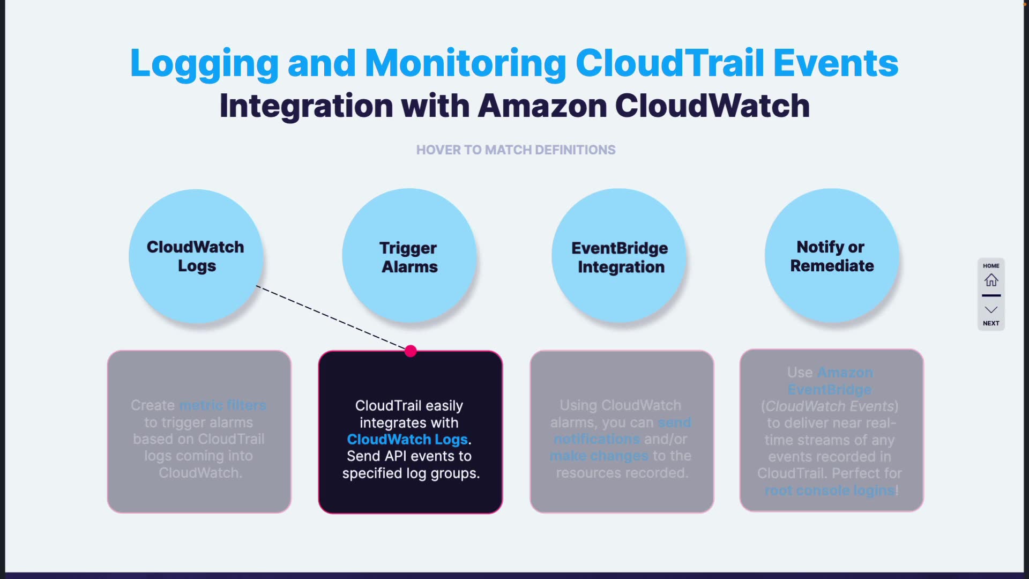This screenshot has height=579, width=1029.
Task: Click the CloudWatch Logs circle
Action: pyautogui.click(x=196, y=256)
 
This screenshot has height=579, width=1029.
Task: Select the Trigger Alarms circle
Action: pyautogui.click(x=409, y=256)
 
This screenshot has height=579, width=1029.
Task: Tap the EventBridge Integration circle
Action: pyautogui.click(x=619, y=256)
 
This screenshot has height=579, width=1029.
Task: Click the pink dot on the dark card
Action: pyautogui.click(x=411, y=351)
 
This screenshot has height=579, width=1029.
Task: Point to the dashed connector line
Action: pyautogui.click(x=332, y=318)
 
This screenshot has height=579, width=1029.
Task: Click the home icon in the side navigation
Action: pyautogui.click(x=991, y=280)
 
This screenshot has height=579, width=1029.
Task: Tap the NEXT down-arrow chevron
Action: pyautogui.click(x=991, y=310)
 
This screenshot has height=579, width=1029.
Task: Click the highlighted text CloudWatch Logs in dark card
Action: pyautogui.click(x=407, y=440)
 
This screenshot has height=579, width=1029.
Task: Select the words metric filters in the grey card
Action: pyautogui.click(x=222, y=405)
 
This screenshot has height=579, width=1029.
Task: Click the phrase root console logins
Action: pyautogui.click(x=830, y=490)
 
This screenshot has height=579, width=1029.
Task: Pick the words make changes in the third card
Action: pyautogui.click(x=599, y=456)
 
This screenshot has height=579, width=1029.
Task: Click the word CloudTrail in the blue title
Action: pyautogui.click(x=669, y=63)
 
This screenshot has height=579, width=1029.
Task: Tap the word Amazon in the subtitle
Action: pyautogui.click(x=542, y=106)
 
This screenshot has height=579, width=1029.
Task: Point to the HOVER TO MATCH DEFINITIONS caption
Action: pyautogui.click(x=516, y=150)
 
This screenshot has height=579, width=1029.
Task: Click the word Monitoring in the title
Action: pyautogui.click(x=465, y=63)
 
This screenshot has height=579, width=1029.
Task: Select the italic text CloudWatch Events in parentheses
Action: pyautogui.click(x=830, y=406)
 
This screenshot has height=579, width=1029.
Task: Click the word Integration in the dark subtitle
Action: pyautogui.click(x=306, y=106)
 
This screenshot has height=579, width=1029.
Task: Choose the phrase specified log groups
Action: pyautogui.click(x=411, y=473)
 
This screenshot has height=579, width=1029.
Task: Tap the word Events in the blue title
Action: pyautogui.click(x=836, y=63)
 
